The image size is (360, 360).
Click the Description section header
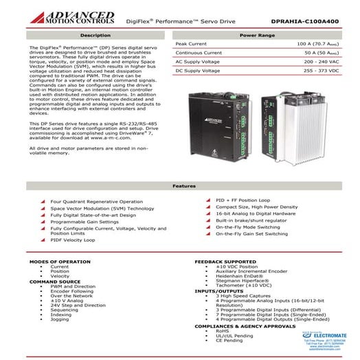[x=95, y=34]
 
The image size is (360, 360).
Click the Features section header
[x=179, y=186]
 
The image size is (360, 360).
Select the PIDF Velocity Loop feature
[x=73, y=240]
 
